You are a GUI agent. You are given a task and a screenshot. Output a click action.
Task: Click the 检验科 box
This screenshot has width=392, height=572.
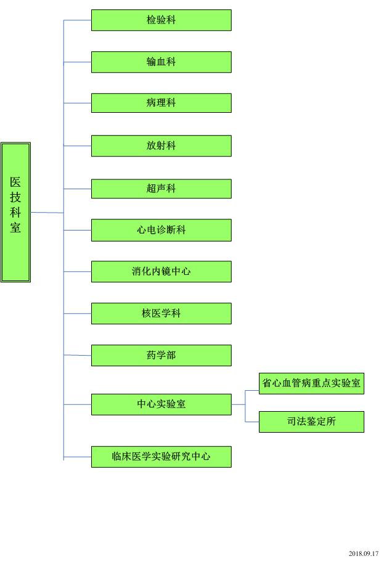click(x=161, y=20)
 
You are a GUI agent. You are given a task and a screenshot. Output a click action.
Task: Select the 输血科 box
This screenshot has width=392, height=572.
click(x=161, y=62)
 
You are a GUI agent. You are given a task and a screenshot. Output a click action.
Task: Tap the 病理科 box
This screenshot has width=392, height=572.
click(x=161, y=103)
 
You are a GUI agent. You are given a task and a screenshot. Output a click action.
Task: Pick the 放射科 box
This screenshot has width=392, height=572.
click(x=161, y=145)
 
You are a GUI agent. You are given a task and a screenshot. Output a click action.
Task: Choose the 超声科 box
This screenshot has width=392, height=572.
click(x=161, y=189)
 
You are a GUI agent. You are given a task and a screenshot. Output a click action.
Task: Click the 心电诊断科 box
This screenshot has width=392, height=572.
click(x=161, y=230)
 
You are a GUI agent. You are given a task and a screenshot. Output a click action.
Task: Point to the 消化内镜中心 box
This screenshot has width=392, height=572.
click(x=161, y=271)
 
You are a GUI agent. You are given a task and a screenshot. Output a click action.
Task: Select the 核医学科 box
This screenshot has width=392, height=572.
click(x=161, y=313)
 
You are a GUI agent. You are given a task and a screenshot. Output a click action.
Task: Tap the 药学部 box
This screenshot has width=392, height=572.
click(x=161, y=355)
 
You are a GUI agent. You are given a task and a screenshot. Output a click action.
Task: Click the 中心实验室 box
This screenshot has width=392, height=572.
click(x=161, y=404)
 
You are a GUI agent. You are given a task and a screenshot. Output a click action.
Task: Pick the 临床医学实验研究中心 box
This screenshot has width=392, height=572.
click(x=161, y=457)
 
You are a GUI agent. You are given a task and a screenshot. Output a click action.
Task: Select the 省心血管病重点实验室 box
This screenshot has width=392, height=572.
click(x=311, y=383)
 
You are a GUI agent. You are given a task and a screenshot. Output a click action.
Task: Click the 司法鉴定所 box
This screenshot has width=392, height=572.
click(x=311, y=422)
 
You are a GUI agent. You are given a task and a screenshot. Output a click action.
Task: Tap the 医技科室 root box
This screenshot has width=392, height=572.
click(x=15, y=213)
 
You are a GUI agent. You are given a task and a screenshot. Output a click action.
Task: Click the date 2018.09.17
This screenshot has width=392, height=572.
click(x=364, y=554)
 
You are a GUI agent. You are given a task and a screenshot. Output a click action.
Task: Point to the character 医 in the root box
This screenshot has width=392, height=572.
click(x=15, y=182)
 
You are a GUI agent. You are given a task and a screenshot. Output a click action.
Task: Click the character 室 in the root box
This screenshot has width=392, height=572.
click(x=15, y=227)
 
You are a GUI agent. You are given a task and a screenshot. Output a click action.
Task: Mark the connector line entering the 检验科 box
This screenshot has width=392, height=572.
click(x=78, y=20)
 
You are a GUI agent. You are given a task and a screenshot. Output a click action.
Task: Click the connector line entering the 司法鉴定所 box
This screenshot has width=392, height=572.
click(x=252, y=422)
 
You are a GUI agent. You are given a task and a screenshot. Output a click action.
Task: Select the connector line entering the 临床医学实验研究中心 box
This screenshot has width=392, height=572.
click(x=78, y=457)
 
